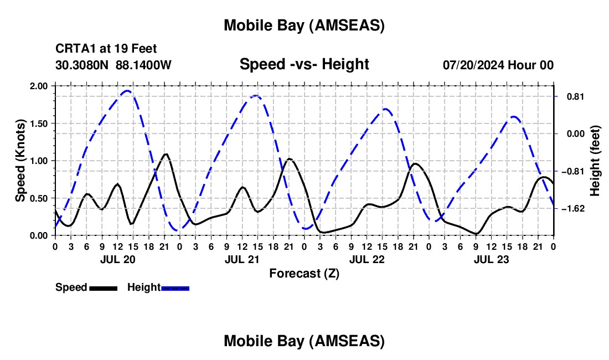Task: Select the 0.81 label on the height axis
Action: coord(575,96)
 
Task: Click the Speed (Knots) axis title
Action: coord(20,161)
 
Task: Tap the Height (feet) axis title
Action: coord(595,161)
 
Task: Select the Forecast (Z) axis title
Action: coord(304,273)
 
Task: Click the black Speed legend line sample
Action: coord(103,287)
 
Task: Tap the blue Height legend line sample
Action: coord(175,287)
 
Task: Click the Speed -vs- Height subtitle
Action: coord(304,64)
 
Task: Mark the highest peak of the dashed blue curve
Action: coord(128,91)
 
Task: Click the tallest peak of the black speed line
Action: coord(166,154)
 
